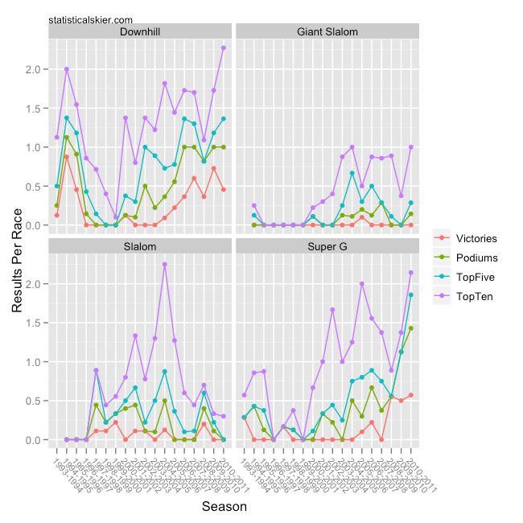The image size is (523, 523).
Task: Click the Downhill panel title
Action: click(x=139, y=32)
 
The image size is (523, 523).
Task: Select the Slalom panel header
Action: click(x=139, y=246)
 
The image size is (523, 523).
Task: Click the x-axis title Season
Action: click(x=224, y=507)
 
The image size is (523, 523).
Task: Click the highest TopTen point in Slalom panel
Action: click(x=165, y=264)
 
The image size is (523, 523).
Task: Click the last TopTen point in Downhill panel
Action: click(x=223, y=47)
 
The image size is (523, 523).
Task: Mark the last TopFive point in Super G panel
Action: click(x=410, y=295)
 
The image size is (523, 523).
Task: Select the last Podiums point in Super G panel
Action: click(x=410, y=328)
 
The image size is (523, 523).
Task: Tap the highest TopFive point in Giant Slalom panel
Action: click(x=352, y=173)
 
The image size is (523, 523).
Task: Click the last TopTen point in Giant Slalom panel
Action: click(x=410, y=147)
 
